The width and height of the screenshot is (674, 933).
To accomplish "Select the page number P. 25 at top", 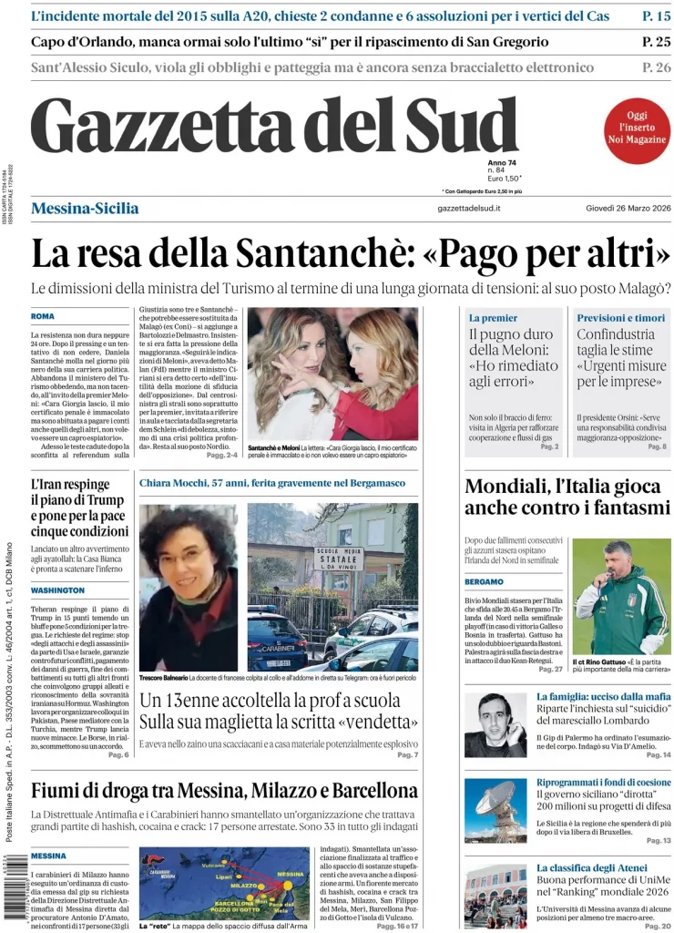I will click(656, 42).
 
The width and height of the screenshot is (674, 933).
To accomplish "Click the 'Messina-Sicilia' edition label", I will click(85, 209).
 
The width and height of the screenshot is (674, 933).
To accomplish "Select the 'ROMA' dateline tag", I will click(43, 316).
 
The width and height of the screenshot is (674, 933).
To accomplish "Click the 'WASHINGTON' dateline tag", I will click(56, 590).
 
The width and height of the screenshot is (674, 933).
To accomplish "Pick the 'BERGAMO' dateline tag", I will click(484, 581).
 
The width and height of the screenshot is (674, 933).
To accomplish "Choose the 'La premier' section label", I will click(493, 318).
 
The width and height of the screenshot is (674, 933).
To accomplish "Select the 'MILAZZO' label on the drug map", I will click(243, 886).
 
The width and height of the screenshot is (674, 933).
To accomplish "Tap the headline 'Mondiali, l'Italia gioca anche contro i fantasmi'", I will click(567, 497).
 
